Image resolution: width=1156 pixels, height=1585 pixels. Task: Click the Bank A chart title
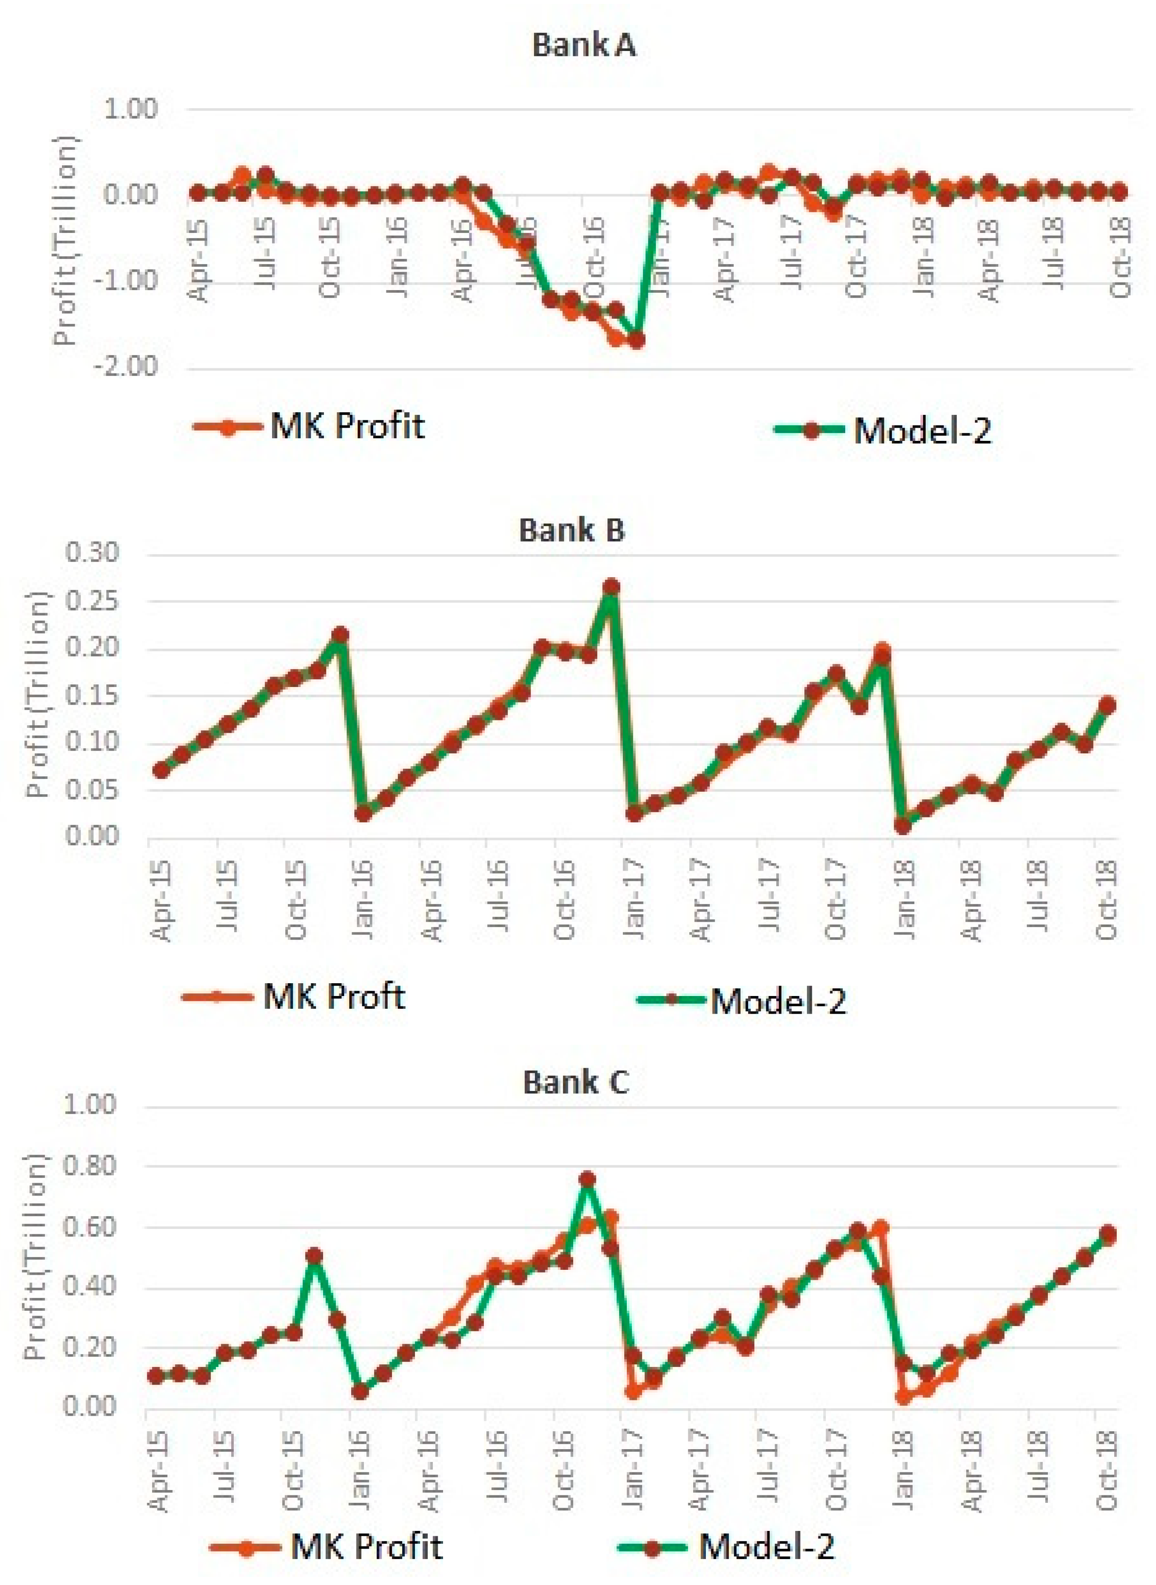click(584, 46)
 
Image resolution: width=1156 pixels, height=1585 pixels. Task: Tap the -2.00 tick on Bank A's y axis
click(130, 367)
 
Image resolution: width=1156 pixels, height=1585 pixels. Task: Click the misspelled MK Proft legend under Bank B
click(294, 996)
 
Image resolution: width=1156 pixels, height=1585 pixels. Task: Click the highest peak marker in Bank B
click(611, 586)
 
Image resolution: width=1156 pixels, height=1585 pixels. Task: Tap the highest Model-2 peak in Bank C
click(587, 1180)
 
